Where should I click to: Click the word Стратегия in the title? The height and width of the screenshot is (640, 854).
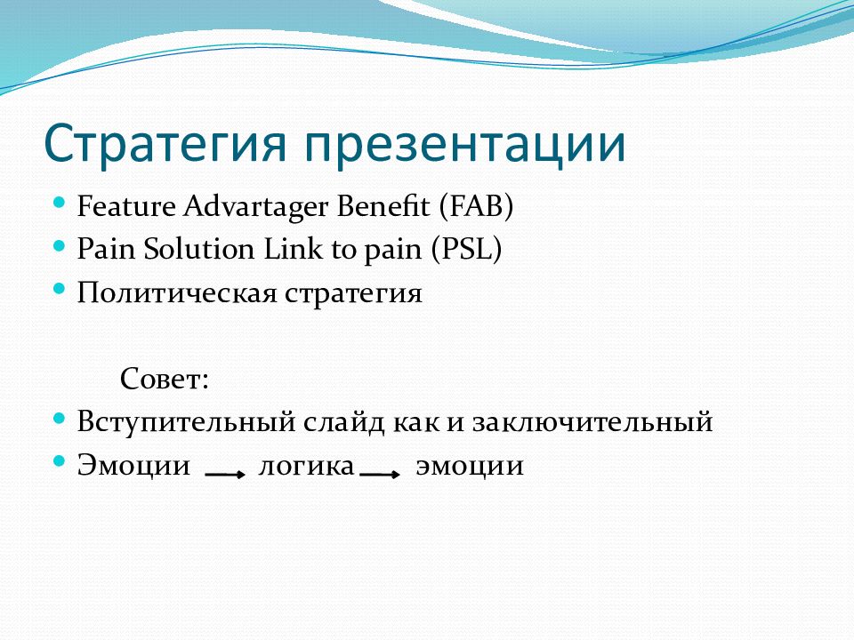click(x=165, y=144)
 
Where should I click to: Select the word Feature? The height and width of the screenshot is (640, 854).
click(x=126, y=206)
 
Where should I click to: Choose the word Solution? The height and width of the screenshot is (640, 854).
click(x=199, y=250)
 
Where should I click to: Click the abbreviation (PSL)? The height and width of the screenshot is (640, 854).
click(x=466, y=250)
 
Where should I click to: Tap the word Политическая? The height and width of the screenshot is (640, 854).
click(x=177, y=292)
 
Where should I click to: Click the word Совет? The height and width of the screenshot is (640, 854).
click(x=165, y=379)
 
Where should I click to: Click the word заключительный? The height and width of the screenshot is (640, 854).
click(x=592, y=422)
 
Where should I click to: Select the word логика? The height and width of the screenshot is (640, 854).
click(x=307, y=466)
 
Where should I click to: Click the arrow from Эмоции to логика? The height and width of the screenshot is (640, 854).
click(x=225, y=475)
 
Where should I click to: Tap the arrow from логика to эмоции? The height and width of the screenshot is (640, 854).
click(x=380, y=475)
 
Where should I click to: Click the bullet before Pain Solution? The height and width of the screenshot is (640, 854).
click(x=60, y=245)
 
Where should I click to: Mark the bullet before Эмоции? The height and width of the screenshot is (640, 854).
click(x=60, y=461)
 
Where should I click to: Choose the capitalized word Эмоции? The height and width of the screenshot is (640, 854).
click(x=134, y=465)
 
